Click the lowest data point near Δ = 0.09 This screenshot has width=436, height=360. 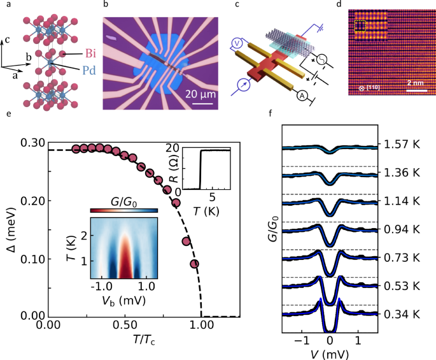point(195,263)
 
